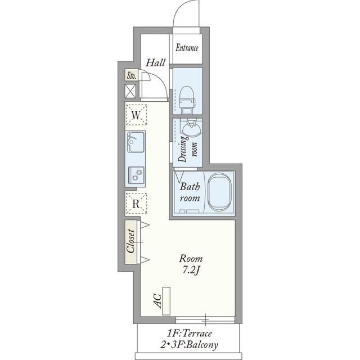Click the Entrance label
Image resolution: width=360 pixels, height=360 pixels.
click(187, 48)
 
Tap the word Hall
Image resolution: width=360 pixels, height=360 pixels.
click(156, 62)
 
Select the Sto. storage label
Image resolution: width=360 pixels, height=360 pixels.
click(131, 75)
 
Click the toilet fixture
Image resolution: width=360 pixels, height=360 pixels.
click(187, 100)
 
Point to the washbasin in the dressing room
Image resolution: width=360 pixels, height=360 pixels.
click(191, 129)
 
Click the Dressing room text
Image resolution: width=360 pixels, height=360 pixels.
click(187, 149)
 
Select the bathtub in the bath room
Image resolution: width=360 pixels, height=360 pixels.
click(219, 192)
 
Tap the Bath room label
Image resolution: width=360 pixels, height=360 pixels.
click(190, 192)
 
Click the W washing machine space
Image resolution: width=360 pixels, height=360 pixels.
click(136, 115)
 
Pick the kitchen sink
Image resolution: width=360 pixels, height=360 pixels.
click(136, 142)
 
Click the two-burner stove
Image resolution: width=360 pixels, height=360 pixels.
click(136, 174)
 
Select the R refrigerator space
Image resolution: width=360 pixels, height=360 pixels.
click(136, 204)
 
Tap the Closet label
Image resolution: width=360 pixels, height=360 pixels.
click(130, 241)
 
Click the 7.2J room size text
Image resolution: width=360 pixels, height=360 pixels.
click(191, 271)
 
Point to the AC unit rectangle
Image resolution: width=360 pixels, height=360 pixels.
click(166, 301)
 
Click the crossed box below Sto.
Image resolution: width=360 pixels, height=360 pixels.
click(130, 91)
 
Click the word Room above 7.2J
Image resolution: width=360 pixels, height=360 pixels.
click(191, 259)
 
